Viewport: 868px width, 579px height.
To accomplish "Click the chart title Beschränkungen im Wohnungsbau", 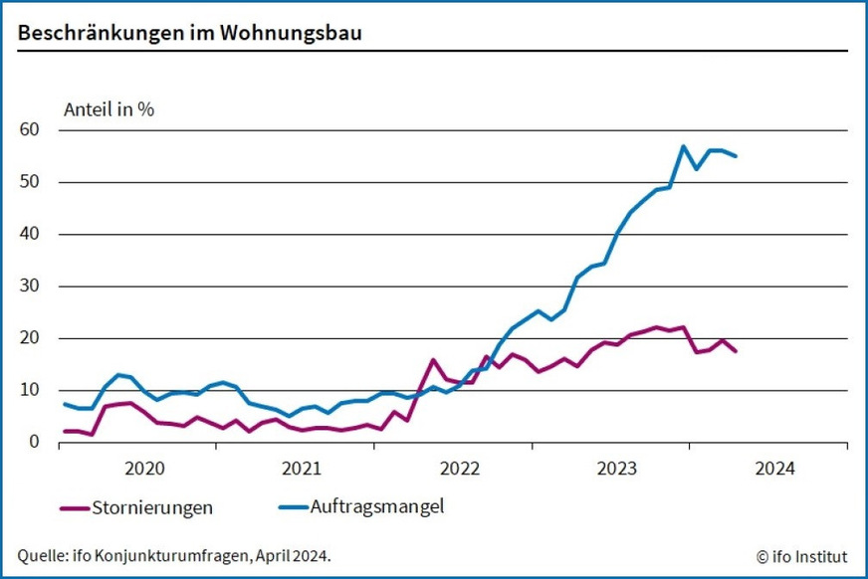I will (189, 33).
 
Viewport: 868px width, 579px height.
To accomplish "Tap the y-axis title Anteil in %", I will (109, 109).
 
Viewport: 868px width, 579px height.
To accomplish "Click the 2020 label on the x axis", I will (145, 468).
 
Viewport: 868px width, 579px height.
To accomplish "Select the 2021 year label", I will (303, 468).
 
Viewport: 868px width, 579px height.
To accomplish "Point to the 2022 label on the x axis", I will (461, 468).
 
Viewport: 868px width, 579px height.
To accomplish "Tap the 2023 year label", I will (618, 468).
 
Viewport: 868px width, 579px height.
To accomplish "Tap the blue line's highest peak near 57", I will (684, 146).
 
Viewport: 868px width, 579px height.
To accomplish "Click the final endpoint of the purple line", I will (736, 351).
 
